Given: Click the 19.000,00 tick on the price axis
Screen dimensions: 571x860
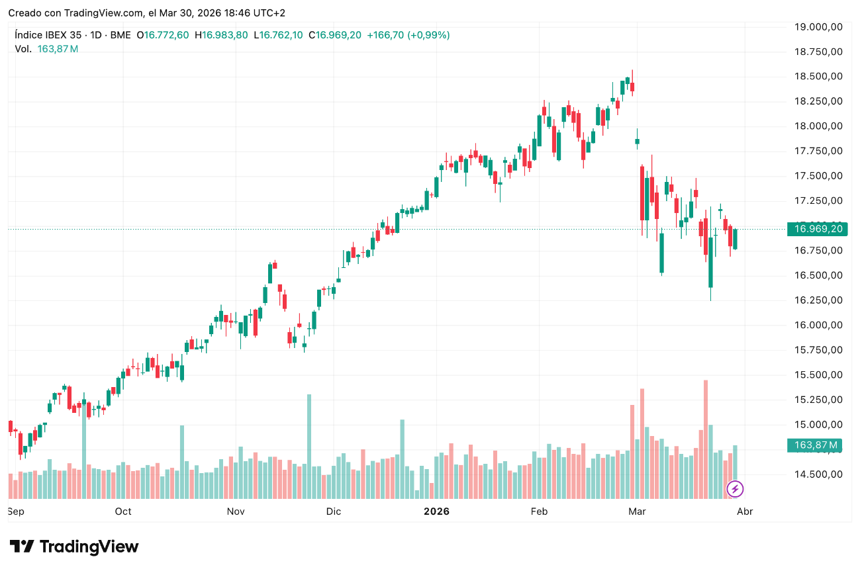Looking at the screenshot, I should pyautogui.click(x=818, y=26).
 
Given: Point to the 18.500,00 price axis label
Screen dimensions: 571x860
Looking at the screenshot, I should pyautogui.click(x=818, y=76).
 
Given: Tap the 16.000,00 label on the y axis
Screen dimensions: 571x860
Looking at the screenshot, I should pyautogui.click(x=818, y=325).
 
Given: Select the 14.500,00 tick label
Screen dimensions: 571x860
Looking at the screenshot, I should pyautogui.click(x=818, y=474).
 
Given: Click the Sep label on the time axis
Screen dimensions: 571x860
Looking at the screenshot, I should pyautogui.click(x=16, y=511).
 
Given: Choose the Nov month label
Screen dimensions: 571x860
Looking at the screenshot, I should pyautogui.click(x=236, y=511).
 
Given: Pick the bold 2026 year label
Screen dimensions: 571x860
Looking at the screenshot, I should pyautogui.click(x=436, y=511).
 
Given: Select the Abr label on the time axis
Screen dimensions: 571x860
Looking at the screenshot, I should pyautogui.click(x=745, y=511).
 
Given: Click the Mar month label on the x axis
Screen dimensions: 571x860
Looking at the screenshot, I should pyautogui.click(x=637, y=511).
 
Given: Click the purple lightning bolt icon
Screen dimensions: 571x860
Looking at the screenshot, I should pyautogui.click(x=735, y=490).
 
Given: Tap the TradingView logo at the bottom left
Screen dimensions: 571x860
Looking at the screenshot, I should pyautogui.click(x=74, y=547).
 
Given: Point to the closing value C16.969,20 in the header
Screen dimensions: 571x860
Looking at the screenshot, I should pyautogui.click(x=335, y=35).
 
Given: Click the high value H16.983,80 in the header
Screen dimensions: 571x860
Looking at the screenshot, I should pyautogui.click(x=221, y=35).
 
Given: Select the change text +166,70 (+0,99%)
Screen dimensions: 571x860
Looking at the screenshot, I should pyautogui.click(x=408, y=35).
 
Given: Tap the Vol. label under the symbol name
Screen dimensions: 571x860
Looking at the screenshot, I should pyautogui.click(x=23, y=49).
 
